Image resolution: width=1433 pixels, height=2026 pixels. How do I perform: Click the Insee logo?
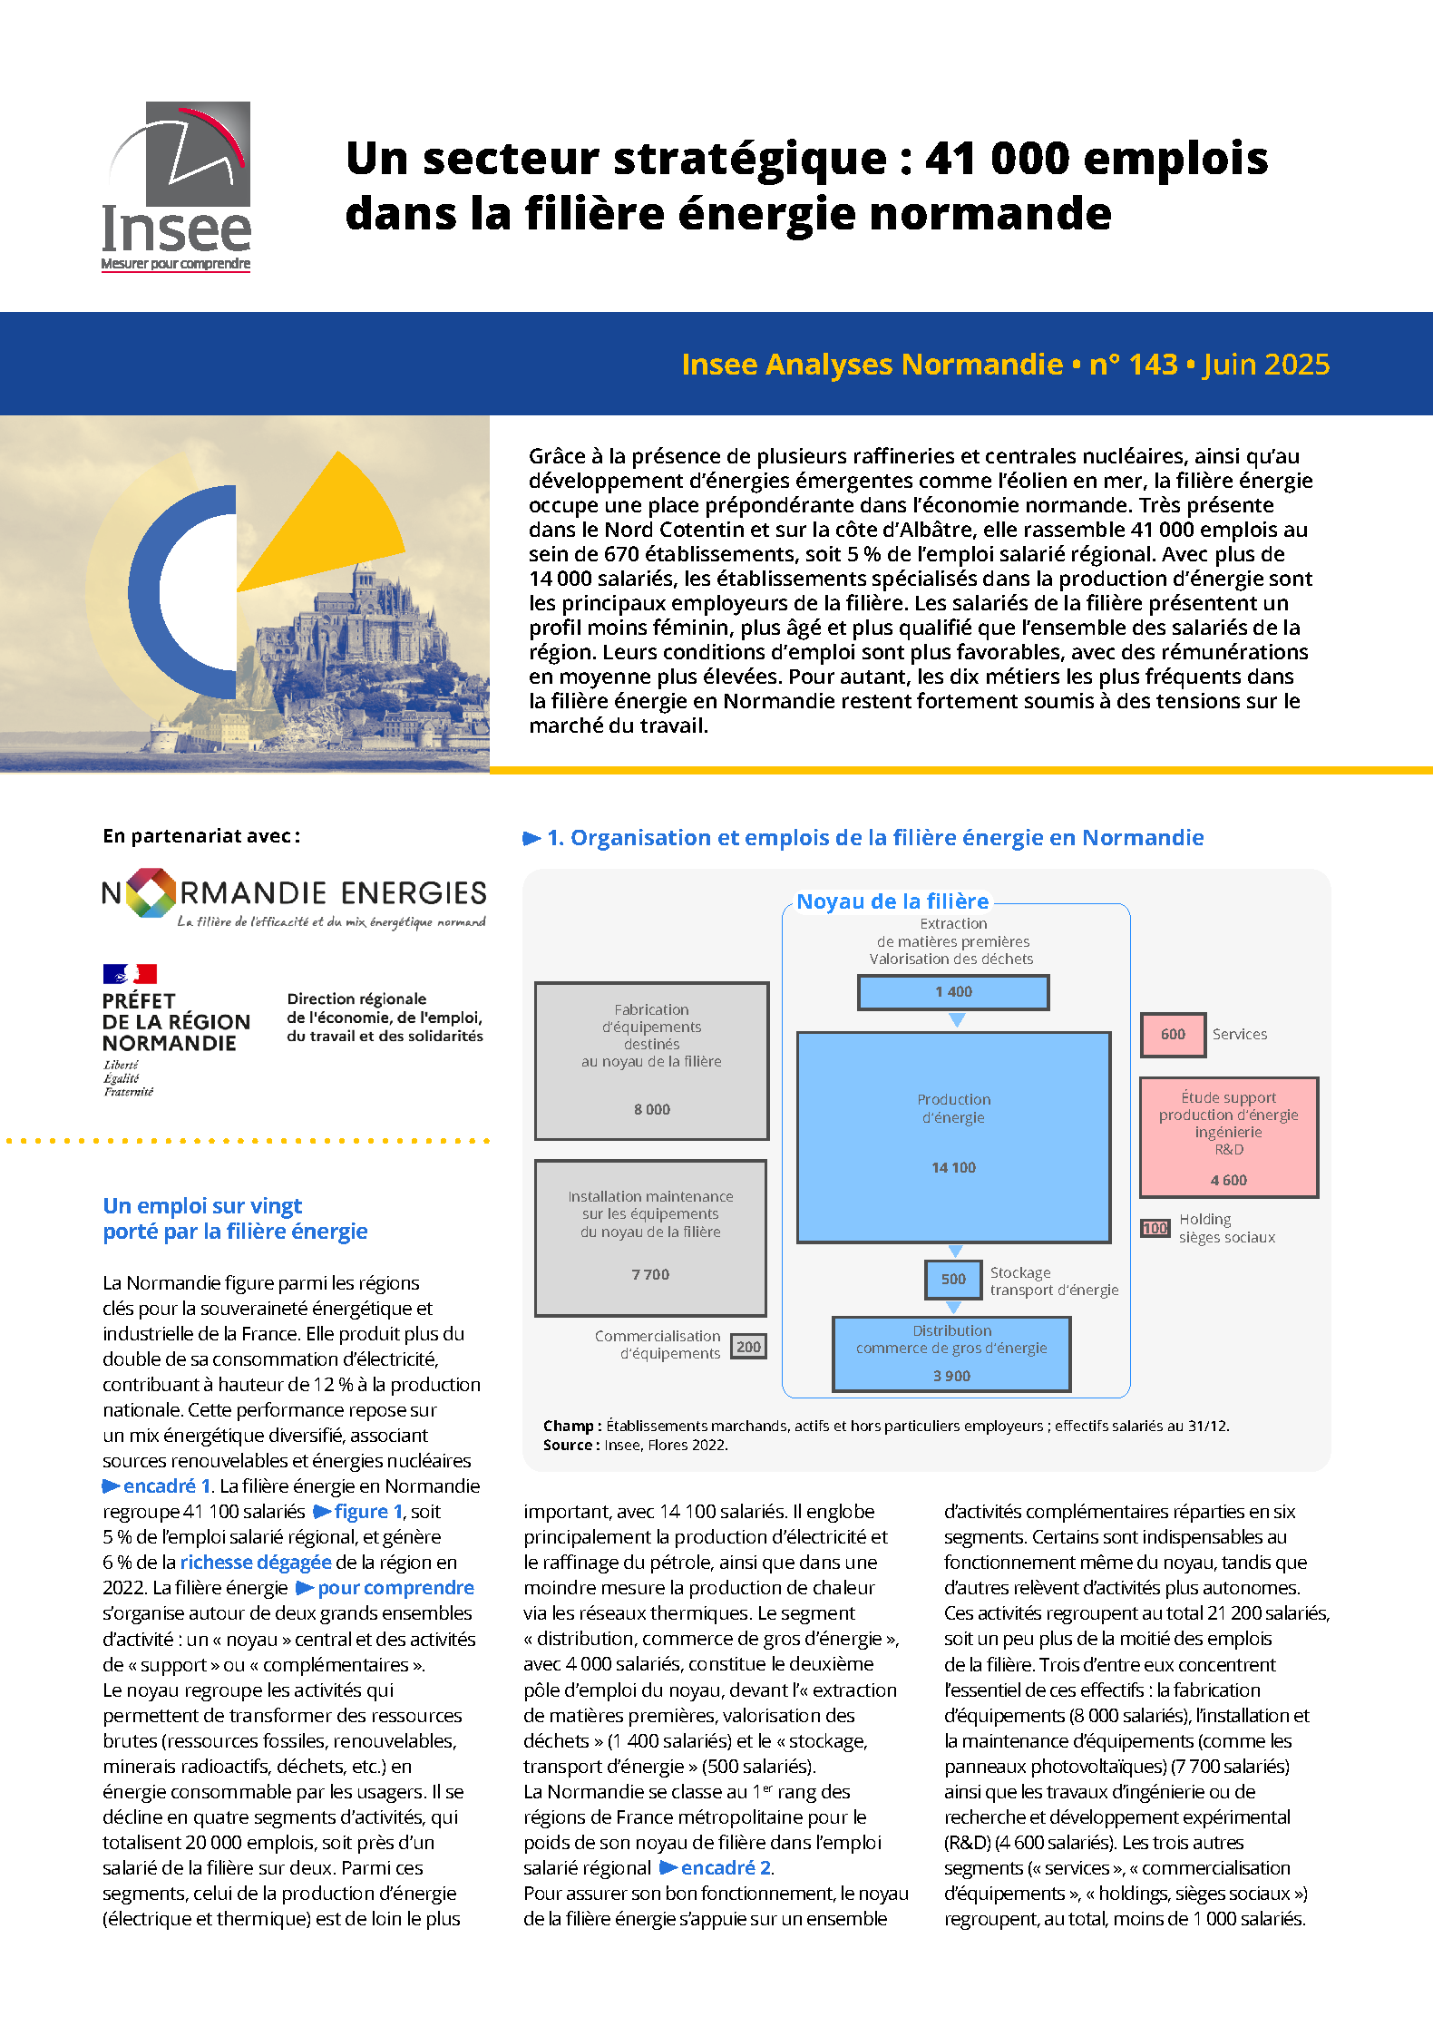point(176,186)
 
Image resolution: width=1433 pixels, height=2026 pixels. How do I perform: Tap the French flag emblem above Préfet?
point(130,974)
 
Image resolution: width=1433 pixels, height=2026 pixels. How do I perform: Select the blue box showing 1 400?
point(953,992)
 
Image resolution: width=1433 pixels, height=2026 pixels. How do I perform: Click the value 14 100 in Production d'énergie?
point(953,1168)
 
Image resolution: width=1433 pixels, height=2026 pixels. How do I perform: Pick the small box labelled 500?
point(953,1280)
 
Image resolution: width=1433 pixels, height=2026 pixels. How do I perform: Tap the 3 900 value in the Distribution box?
point(951,1376)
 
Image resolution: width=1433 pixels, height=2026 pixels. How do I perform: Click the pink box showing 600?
point(1173,1035)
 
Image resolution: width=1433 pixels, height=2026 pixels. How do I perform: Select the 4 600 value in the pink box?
point(1228,1181)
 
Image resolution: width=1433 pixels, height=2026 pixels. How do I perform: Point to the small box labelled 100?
point(1155,1229)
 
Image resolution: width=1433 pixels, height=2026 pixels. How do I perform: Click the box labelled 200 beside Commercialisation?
point(748,1347)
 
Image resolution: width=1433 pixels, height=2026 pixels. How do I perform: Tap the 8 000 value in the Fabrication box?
point(652,1110)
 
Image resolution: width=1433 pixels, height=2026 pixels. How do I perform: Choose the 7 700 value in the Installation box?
point(650,1275)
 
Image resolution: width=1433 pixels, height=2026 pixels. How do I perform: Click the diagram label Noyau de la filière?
point(892,901)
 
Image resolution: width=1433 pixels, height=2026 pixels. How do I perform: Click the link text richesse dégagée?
point(256,1563)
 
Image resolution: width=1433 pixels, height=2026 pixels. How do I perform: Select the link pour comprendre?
point(395,1588)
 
